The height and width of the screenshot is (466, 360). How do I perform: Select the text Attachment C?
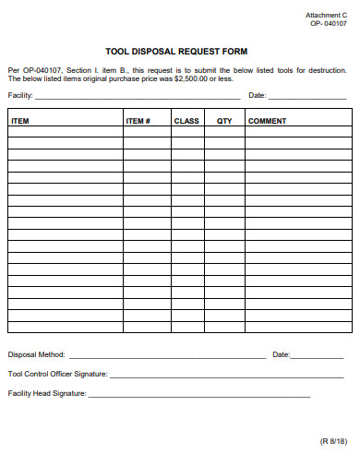coord(326,16)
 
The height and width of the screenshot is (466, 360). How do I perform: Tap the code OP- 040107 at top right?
coord(328,24)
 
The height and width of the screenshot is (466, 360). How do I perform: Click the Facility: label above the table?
coord(20,95)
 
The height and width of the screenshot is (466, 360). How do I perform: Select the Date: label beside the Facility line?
coord(258,95)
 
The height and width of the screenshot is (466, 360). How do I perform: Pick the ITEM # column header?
coord(138,121)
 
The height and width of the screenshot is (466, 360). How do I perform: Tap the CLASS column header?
coord(186,121)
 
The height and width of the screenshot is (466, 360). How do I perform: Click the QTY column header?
coord(224,121)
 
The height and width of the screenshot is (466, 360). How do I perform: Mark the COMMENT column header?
coord(267,121)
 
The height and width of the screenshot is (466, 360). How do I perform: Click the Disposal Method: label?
coord(36,354)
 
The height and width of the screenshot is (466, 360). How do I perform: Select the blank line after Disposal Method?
coord(166,356)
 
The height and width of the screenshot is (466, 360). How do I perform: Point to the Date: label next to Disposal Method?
coord(281,354)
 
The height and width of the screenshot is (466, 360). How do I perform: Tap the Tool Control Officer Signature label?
coord(57,374)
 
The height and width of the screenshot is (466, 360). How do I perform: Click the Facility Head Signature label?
coord(47,393)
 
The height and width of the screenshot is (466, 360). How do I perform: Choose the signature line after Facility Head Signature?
coord(198,395)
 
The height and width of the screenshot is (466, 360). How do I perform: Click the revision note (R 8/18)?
coord(333,442)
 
